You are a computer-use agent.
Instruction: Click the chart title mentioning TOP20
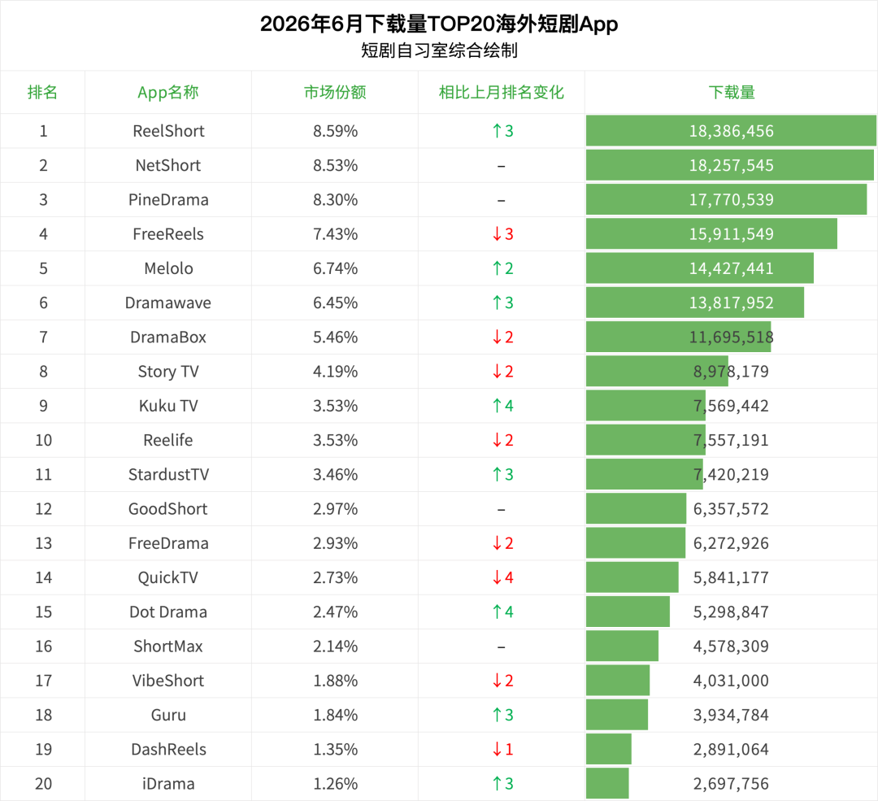point(439,24)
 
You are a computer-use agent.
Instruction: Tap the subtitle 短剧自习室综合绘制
point(439,50)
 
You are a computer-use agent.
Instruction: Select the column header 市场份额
point(335,93)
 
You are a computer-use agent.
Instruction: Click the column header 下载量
point(732,93)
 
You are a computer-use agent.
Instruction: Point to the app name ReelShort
point(168,131)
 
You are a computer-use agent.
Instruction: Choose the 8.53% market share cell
point(335,165)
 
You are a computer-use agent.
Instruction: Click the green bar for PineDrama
point(726,200)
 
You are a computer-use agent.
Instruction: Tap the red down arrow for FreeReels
point(497,234)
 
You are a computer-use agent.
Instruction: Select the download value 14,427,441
point(732,268)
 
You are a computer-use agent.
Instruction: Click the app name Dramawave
point(168,303)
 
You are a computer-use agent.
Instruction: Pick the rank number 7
point(43,337)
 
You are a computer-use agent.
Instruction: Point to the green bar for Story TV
point(658,372)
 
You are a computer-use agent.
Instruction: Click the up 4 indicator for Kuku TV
point(503,406)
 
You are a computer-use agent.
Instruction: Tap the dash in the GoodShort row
point(501,510)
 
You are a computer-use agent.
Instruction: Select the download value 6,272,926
point(732,543)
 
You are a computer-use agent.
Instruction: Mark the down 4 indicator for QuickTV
point(503,577)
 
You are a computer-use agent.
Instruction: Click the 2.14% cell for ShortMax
point(335,646)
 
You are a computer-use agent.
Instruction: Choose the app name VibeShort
point(168,681)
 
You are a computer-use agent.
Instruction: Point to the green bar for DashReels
point(609,750)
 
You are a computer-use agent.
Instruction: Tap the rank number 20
point(43,784)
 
